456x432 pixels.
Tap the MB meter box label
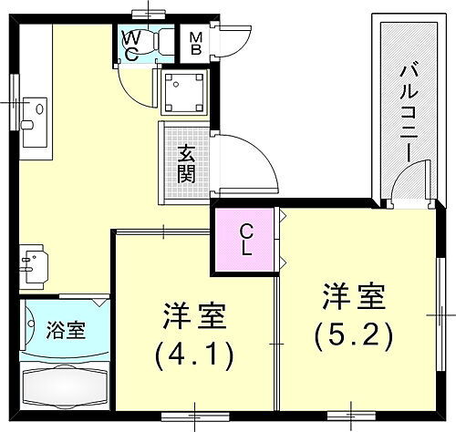click(x=196, y=43)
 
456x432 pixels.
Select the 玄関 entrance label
click(x=185, y=163)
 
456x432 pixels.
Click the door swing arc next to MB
click(x=232, y=41)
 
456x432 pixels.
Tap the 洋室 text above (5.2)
click(x=353, y=299)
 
